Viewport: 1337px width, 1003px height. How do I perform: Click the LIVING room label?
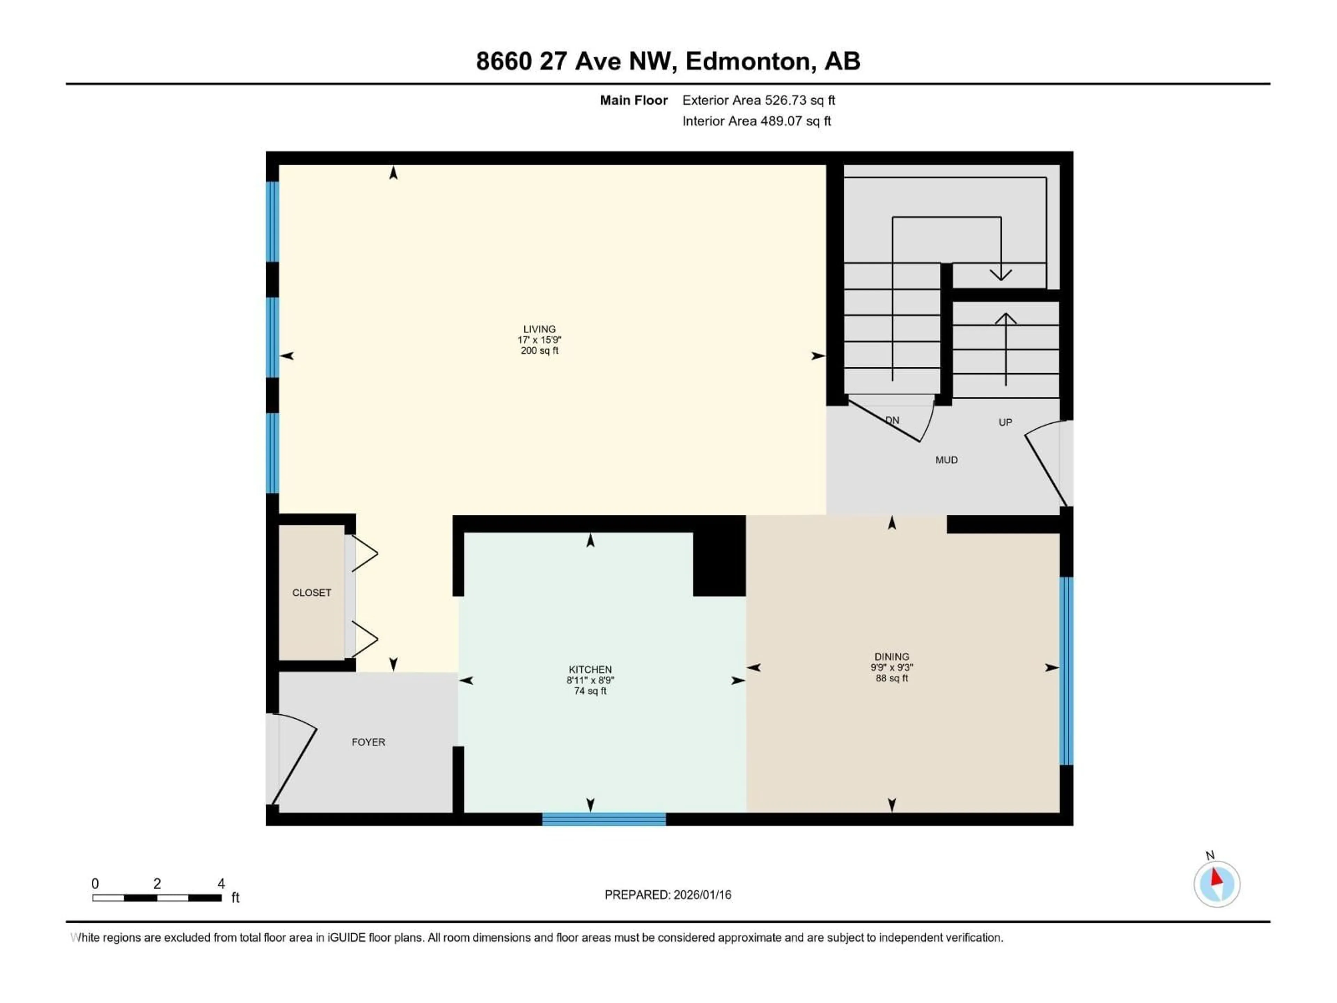click(x=539, y=329)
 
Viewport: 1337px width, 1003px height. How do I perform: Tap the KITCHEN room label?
click(x=590, y=669)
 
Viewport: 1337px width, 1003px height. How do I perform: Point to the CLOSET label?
click(x=311, y=592)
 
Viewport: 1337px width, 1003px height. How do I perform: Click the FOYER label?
click(x=368, y=742)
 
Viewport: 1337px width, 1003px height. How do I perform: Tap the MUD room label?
click(x=946, y=460)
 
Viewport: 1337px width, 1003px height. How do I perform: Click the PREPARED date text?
click(x=667, y=895)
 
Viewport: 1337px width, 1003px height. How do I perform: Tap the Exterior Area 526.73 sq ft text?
click(x=759, y=100)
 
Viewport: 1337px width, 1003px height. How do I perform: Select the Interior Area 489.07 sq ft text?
click(x=756, y=121)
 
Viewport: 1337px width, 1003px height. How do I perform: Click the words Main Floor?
click(x=633, y=100)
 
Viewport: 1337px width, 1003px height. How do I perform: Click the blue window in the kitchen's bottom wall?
click(x=604, y=819)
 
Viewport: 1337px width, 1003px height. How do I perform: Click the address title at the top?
click(x=668, y=61)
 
